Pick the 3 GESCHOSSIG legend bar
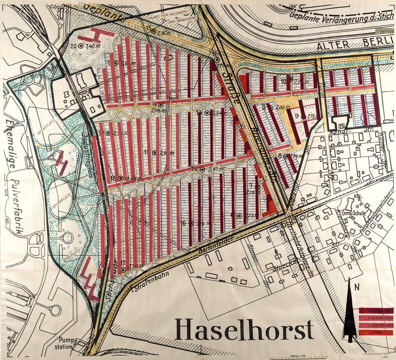pos(376,318)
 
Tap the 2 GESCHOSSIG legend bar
pos(376,326)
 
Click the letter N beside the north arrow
pos(357,288)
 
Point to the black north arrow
pos(350,313)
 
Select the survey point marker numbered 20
pos(81,46)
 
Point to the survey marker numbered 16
pos(192,223)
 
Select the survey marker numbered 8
pos(286,156)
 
